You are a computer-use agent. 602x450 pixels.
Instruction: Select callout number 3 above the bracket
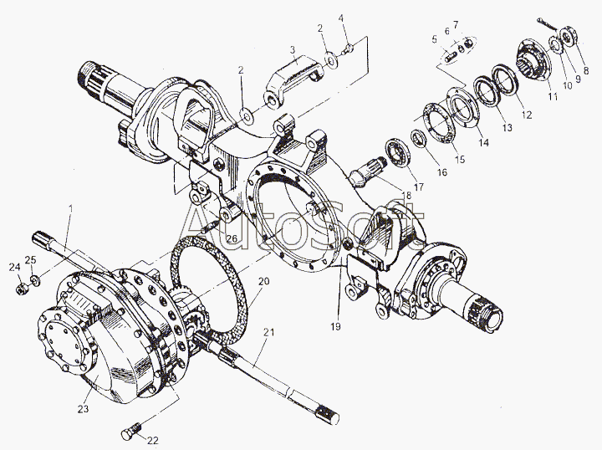click(x=293, y=51)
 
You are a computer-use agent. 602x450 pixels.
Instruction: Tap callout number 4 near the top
click(x=341, y=18)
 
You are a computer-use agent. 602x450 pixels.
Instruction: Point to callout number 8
click(x=586, y=70)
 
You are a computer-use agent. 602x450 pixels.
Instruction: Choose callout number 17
click(x=418, y=188)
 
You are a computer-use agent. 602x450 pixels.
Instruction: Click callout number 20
click(x=263, y=281)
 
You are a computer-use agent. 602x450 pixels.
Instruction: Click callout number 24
click(x=13, y=268)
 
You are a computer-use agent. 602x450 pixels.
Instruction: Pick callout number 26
click(x=232, y=240)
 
